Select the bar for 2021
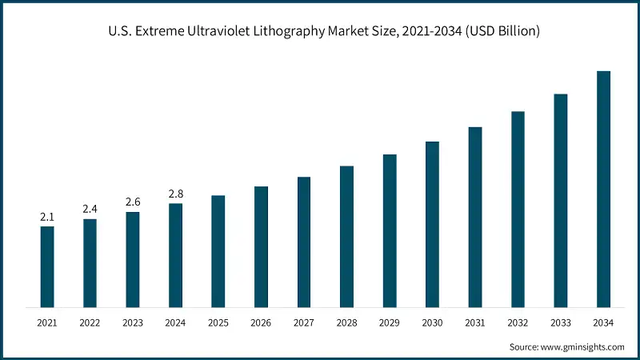[47, 266]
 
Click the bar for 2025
[218, 251]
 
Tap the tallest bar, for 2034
[604, 189]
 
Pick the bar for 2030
[432, 224]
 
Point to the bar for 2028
[346, 236]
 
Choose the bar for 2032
[518, 209]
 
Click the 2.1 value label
[47, 217]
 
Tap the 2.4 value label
[90, 209]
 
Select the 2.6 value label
[133, 202]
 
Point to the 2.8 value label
[175, 194]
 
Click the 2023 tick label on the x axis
[133, 322]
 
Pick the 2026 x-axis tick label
[261, 322]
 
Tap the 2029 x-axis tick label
[390, 322]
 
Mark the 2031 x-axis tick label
[475, 322]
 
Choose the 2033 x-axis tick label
[561, 322]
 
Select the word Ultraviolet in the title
[230, 32]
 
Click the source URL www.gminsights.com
[582, 346]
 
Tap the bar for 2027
[304, 242]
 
